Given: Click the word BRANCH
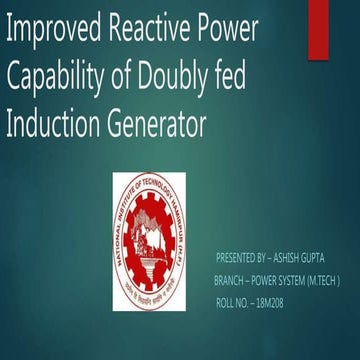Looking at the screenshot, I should (232, 281).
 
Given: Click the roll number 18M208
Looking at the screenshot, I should (269, 303).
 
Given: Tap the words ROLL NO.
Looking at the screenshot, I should (233, 303).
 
